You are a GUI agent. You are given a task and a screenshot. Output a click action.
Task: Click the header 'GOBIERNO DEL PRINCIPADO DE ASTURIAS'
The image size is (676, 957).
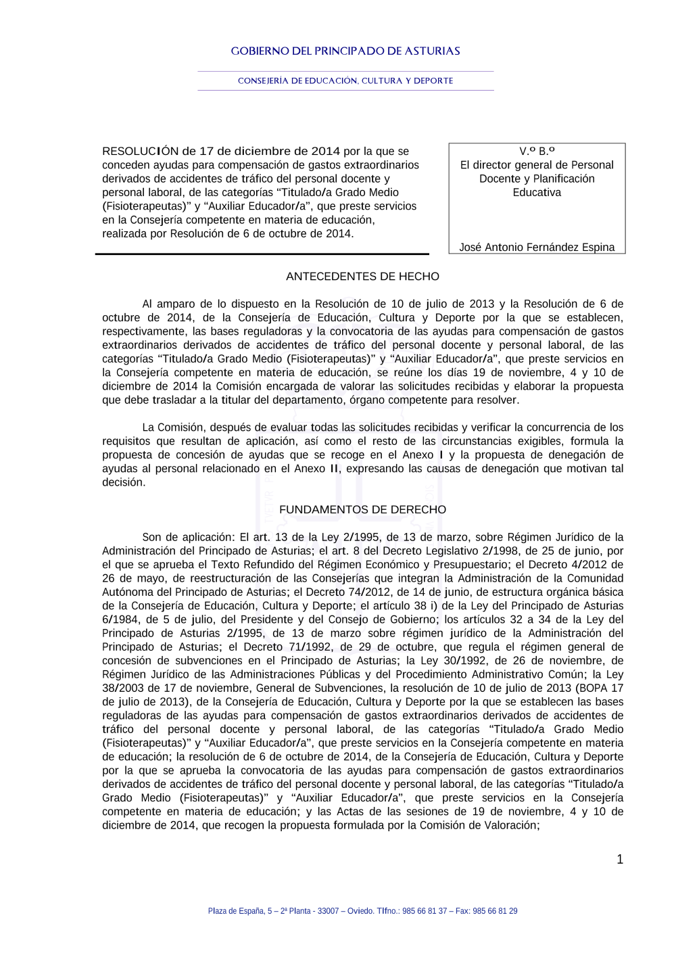click(345, 51)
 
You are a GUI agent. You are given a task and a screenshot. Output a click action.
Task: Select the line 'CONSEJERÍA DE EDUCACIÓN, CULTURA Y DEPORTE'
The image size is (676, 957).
click(345, 81)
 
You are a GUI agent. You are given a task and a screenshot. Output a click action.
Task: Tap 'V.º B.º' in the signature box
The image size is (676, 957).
click(537, 151)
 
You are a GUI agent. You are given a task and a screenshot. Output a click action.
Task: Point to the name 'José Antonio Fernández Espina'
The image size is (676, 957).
click(537, 248)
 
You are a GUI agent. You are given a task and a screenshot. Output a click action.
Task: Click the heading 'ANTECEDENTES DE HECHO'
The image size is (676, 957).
click(362, 277)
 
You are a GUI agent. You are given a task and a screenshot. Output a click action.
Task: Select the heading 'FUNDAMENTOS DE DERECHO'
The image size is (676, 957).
click(362, 510)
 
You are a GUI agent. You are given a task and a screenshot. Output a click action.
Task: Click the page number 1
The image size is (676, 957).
click(620, 860)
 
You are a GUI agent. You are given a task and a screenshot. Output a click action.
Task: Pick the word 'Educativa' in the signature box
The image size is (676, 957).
click(537, 193)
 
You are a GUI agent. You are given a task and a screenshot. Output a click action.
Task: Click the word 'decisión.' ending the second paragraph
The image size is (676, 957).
click(124, 483)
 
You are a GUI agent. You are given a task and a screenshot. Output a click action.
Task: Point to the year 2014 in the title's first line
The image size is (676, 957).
click(325, 151)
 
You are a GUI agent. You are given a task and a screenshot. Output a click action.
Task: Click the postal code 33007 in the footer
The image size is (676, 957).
click(329, 912)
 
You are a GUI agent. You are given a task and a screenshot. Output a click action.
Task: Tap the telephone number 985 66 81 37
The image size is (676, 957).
click(425, 912)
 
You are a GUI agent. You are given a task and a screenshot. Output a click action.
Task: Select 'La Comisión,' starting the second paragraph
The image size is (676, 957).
click(173, 428)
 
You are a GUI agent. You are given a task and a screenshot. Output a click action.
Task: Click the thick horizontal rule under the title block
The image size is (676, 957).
click(262, 254)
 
